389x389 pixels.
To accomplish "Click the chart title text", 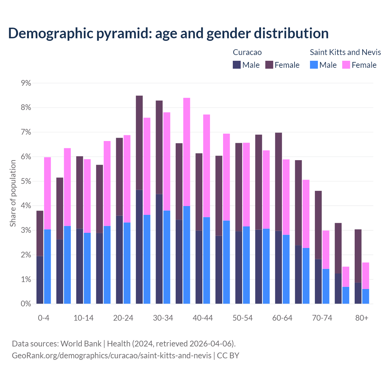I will click(x=168, y=33).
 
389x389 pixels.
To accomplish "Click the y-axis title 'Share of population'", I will click(x=13, y=193).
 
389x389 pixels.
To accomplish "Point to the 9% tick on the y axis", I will click(x=26, y=83).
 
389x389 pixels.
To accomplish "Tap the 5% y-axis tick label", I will click(x=26, y=181).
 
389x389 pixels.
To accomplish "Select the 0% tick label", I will click(x=26, y=304).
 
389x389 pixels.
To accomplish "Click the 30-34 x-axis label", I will click(x=163, y=318).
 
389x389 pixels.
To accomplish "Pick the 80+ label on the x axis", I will click(x=362, y=318).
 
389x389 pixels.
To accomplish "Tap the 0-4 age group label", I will click(x=43, y=318).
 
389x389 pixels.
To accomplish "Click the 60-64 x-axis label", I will click(x=282, y=318).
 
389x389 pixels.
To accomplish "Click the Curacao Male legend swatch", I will click(x=237, y=65).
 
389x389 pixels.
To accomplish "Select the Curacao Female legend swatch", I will click(x=269, y=65).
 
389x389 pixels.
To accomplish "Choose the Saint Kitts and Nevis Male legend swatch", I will click(x=314, y=65).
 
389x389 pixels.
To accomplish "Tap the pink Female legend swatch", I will click(x=346, y=65).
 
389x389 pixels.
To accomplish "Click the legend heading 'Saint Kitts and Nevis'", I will click(x=345, y=52).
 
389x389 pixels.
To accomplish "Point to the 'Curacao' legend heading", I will click(x=247, y=52).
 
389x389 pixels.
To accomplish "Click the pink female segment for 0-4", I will click(x=47, y=193).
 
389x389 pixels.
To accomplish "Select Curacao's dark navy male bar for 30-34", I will click(x=159, y=249).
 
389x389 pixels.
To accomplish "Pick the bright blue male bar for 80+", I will click(x=366, y=296).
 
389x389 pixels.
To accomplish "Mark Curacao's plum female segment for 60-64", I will click(x=278, y=182).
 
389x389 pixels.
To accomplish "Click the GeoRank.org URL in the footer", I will click(x=112, y=356).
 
